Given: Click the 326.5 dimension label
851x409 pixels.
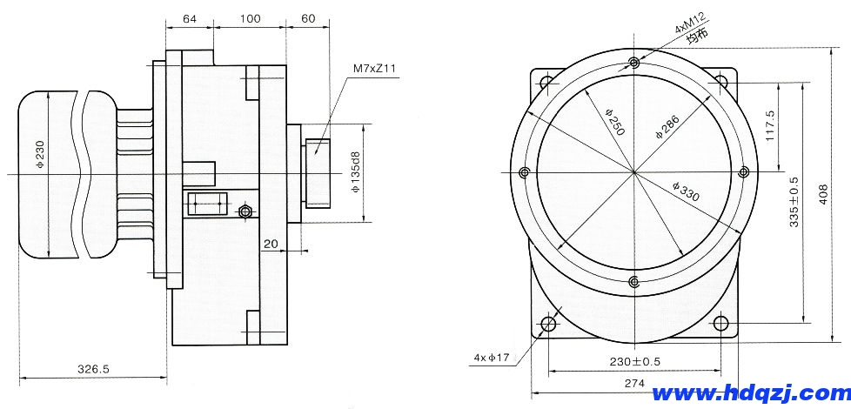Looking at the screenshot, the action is [93, 369].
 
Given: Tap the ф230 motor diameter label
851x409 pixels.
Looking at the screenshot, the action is [39, 155].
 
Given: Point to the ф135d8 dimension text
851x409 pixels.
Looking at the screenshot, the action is [356, 172].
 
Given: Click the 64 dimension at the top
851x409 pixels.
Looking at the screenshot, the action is [190, 18].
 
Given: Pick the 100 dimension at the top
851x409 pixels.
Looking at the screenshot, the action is [249, 18].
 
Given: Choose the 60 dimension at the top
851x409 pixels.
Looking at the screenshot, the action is [307, 18].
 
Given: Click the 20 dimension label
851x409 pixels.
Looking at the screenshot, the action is [271, 245].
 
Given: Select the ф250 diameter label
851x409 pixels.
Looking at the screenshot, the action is [615, 122].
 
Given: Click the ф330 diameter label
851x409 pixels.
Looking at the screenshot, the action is [686, 192].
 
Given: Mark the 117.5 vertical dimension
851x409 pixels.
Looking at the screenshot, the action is [769, 126].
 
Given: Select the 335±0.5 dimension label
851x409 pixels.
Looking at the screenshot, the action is [794, 202].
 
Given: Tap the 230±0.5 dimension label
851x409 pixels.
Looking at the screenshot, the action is [634, 362].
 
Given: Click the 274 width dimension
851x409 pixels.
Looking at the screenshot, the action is [634, 383].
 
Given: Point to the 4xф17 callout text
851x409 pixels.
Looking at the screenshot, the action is [491, 358].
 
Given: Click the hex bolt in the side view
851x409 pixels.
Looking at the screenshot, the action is [245, 211].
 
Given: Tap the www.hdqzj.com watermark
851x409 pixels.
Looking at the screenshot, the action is [751, 393].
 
